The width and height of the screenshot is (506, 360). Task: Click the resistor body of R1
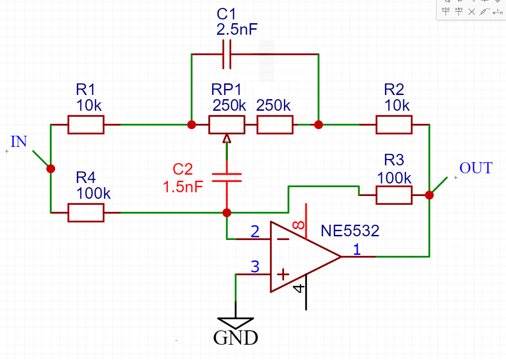coord(86,125)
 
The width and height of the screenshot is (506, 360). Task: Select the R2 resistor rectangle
coord(394,125)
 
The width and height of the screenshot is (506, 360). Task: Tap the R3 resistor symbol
coord(394,195)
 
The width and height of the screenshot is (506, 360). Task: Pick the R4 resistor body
coord(86,213)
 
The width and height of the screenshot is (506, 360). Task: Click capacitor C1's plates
coord(227,54)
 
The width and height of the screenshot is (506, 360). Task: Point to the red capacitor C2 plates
coord(227,177)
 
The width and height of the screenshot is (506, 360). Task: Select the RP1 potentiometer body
coord(227,125)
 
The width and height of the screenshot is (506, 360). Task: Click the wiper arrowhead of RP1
coord(227,138)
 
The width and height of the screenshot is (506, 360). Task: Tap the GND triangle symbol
coord(235,322)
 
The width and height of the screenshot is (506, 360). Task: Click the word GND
coord(235,338)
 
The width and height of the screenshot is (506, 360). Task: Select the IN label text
coord(19,141)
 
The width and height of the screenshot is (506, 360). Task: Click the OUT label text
coord(476,168)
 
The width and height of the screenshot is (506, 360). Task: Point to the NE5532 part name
coord(350,231)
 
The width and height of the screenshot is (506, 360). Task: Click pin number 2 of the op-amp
coord(255,231)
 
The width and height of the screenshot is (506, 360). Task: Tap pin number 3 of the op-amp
coord(255,267)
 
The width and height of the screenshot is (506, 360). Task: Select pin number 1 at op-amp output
coord(357,249)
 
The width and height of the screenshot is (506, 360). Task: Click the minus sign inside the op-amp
coord(283,239)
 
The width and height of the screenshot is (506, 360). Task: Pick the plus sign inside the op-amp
coord(283,274)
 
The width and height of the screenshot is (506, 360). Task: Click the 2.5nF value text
coord(237,29)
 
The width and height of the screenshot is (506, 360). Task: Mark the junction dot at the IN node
coord(51,168)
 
